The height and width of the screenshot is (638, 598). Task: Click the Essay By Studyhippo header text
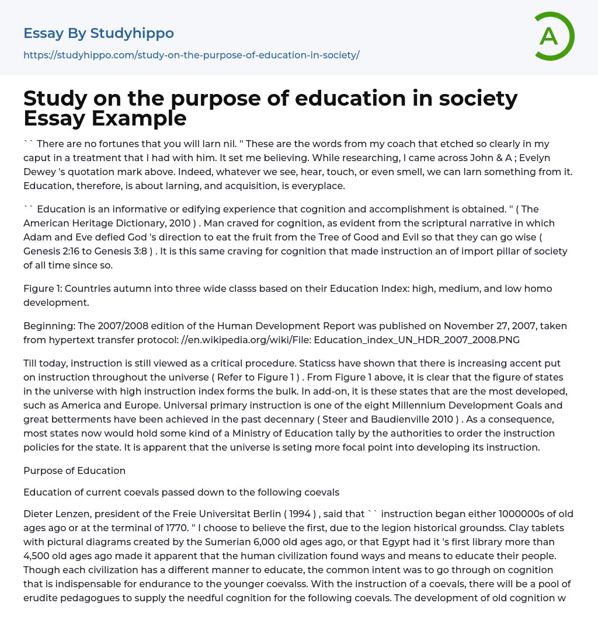(99, 33)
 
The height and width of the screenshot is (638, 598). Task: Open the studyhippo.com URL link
(191, 55)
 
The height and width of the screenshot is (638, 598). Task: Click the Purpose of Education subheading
(74, 470)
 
